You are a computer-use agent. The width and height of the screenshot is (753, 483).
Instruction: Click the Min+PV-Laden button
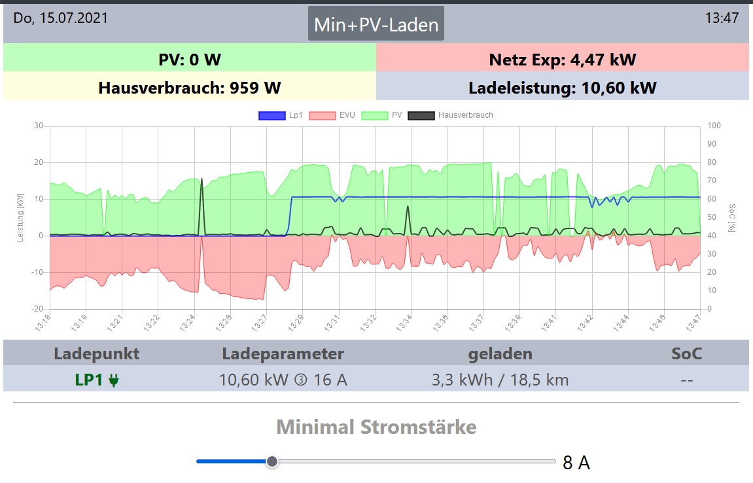376,25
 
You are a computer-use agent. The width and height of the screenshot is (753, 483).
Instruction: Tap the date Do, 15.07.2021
61,18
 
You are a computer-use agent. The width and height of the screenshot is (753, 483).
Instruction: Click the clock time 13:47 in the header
722,18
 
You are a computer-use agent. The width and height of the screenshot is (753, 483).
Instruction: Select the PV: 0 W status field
190,60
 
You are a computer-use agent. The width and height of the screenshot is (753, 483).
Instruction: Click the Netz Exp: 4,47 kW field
562,60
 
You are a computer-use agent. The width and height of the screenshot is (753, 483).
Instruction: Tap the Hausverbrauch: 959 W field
190,88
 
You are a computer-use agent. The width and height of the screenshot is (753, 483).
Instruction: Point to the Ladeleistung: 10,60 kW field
562,88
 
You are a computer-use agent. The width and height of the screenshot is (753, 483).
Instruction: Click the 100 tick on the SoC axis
714,126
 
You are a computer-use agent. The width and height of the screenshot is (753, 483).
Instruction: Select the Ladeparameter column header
283,354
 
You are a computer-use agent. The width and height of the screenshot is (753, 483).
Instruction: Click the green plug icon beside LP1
114,380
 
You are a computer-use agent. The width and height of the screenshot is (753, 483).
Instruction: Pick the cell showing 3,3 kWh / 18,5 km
500,380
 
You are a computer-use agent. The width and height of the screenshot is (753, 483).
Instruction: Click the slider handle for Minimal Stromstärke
272,461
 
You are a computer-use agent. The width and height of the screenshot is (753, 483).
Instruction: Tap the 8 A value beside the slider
576,463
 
